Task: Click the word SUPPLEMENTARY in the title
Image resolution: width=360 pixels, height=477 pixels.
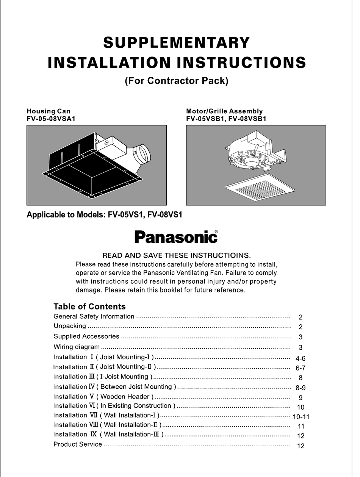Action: click(x=176, y=42)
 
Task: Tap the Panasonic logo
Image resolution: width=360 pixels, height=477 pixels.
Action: click(x=176, y=237)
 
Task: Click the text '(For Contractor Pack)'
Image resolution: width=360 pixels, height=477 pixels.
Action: click(x=176, y=81)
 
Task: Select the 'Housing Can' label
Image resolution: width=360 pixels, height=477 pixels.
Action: click(x=48, y=111)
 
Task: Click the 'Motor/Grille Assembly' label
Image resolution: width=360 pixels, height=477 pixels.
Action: click(x=224, y=111)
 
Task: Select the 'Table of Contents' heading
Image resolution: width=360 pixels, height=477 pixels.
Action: click(x=89, y=307)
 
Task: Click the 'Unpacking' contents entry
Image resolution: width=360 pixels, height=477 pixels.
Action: click(x=70, y=326)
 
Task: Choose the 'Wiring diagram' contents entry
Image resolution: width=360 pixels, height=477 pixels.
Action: click(x=77, y=347)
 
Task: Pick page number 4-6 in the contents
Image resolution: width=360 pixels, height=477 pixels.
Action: click(x=301, y=358)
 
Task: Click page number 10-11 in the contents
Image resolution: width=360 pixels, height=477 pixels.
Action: click(x=301, y=417)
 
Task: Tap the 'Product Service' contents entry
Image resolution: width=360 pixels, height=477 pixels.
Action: click(x=78, y=444)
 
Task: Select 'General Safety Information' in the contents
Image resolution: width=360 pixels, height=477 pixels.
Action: click(x=94, y=316)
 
